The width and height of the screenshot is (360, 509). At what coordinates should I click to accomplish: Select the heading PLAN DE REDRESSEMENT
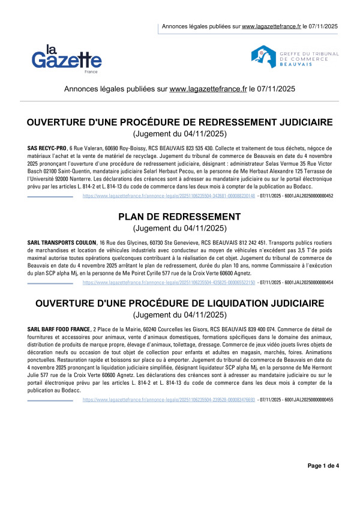pos(179,216)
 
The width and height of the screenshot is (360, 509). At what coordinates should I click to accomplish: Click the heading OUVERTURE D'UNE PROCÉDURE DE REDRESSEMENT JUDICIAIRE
pos(180,122)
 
